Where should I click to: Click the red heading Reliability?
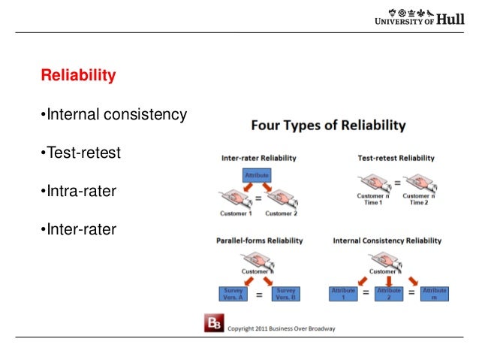point(78,76)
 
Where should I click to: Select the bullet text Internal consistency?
point(113,115)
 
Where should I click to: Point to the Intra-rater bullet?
point(78,192)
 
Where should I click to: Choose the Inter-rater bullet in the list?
point(78,229)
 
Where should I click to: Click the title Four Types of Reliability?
point(327,125)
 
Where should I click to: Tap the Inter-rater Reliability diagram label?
point(258,159)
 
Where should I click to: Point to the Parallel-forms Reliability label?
point(260,241)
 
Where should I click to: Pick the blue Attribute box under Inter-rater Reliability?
point(257,174)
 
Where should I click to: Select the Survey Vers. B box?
point(286,295)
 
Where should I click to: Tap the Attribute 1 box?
point(343,294)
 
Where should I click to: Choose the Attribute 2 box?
point(389,294)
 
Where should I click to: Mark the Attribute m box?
point(435,294)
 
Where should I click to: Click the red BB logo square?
point(214,325)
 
